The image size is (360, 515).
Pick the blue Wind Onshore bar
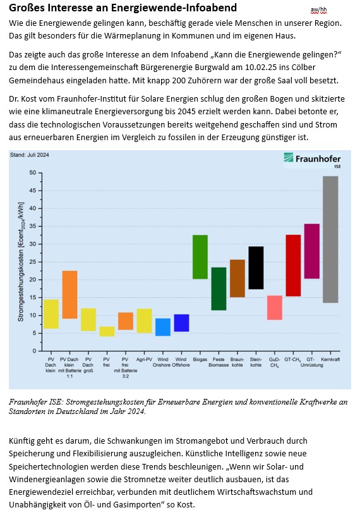click(163, 327)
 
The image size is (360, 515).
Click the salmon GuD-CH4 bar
click(275, 307)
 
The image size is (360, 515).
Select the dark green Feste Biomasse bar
click(219, 288)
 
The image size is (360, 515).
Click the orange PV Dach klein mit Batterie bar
click(69, 295)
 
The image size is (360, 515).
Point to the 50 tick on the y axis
click(32, 172)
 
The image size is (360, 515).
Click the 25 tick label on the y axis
click(32, 261)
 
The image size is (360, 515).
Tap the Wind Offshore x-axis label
click(181, 362)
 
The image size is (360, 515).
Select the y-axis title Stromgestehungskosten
click(21, 263)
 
